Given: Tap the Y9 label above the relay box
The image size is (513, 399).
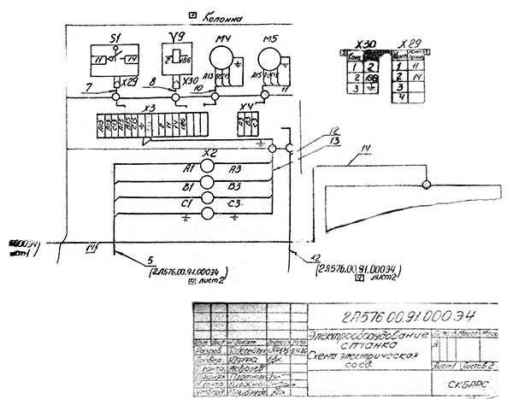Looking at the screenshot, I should pos(178,37).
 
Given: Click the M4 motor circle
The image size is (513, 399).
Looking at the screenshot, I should pos(223,59).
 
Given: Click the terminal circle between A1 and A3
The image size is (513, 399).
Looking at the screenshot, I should pos(206,167).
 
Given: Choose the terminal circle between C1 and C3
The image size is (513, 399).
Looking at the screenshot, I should pos(206,200).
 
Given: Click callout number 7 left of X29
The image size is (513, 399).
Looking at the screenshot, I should pos(90,87).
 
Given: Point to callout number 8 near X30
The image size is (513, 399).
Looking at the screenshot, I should pos(152,84).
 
